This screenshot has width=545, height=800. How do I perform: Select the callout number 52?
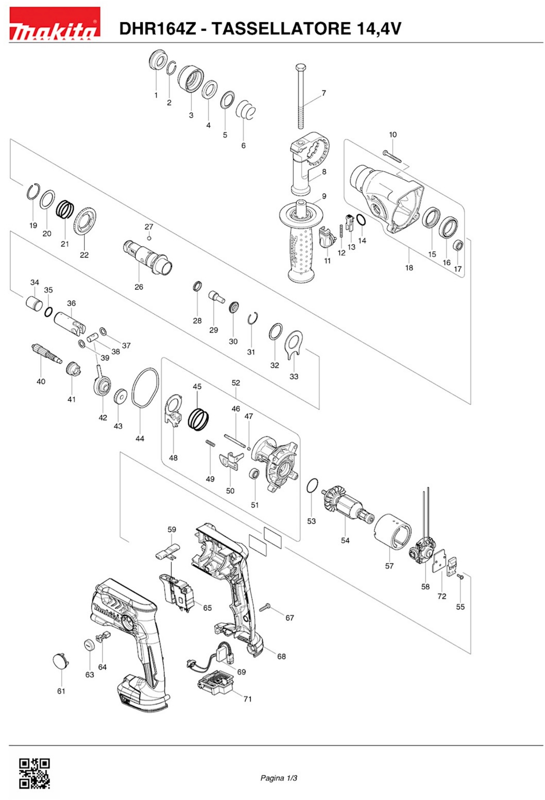pos(236,383)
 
